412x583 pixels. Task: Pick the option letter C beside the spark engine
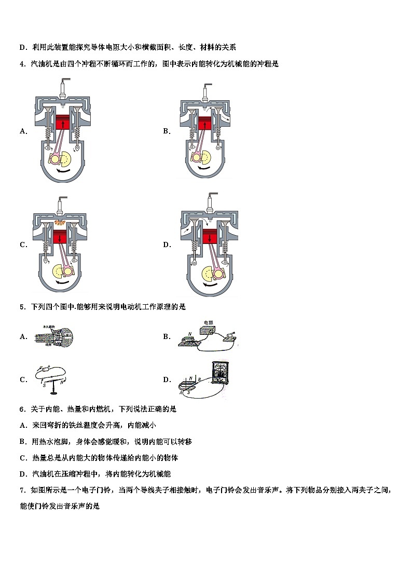(x=23, y=245)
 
